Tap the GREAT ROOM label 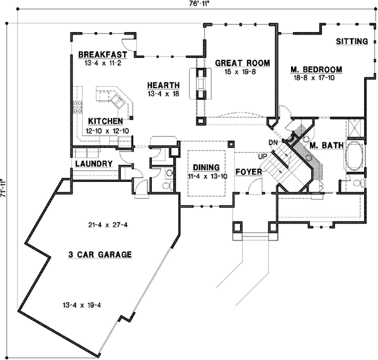(x=242, y=63)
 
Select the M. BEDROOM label (x=316, y=69)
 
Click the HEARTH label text (x=163, y=86)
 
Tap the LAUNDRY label (x=93, y=164)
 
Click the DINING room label (x=206, y=167)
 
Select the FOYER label (x=248, y=171)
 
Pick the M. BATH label (x=326, y=145)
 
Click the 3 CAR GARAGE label (x=100, y=255)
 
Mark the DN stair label (x=272, y=142)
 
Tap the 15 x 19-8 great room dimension (x=241, y=72)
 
